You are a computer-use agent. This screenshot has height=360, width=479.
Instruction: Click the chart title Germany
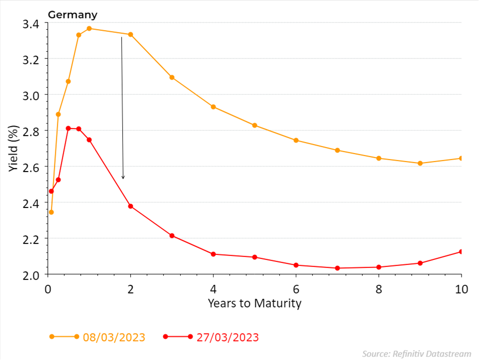[x=72, y=14]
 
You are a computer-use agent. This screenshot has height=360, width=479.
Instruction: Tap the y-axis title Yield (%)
[x=14, y=148]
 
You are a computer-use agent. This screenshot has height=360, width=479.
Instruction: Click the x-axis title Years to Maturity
[x=254, y=303]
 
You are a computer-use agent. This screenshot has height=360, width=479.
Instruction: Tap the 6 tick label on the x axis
[x=296, y=289]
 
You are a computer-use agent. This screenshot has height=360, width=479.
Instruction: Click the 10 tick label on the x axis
[x=461, y=289]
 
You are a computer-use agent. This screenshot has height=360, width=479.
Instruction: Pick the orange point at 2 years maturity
[x=131, y=34]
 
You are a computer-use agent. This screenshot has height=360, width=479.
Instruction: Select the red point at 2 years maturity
[x=131, y=206]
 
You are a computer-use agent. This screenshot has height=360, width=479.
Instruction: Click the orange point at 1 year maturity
[x=89, y=28]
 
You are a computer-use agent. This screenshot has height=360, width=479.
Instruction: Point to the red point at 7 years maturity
[x=337, y=268]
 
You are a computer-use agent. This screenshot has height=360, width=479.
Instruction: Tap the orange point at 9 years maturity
[x=420, y=163]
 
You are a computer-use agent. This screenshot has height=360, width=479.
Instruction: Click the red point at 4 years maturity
[x=213, y=254]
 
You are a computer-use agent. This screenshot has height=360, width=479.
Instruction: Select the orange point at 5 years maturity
[x=254, y=125]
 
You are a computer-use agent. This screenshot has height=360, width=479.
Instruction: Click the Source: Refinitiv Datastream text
[x=417, y=353]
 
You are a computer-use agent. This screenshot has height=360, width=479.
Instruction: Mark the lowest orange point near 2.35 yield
[x=51, y=212]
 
